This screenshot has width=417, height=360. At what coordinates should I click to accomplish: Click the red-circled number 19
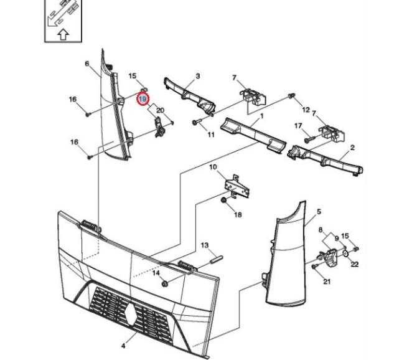click(143, 99)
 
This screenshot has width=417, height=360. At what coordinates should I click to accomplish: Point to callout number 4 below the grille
click(123, 345)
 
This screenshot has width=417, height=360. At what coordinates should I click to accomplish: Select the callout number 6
click(87, 63)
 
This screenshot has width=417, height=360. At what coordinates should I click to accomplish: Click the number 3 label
click(197, 77)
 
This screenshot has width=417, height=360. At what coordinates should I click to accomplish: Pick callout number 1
click(262, 116)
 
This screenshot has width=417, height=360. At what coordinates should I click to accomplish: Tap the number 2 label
click(352, 148)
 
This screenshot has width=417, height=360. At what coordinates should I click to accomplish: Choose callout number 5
click(319, 212)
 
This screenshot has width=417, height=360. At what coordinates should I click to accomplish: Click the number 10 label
click(213, 168)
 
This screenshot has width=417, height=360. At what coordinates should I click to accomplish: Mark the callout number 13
click(204, 245)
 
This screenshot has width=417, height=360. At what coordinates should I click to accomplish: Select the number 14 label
click(156, 273)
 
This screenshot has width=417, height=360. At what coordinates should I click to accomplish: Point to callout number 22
click(355, 265)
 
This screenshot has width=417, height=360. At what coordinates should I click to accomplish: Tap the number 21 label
click(327, 282)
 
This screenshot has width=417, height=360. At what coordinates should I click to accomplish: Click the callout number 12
click(306, 110)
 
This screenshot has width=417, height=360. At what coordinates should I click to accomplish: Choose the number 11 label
click(211, 134)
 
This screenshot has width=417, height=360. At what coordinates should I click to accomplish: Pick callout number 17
click(298, 126)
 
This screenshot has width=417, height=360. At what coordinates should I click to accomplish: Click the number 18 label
click(237, 215)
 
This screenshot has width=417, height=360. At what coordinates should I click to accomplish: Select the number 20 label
click(160, 111)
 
